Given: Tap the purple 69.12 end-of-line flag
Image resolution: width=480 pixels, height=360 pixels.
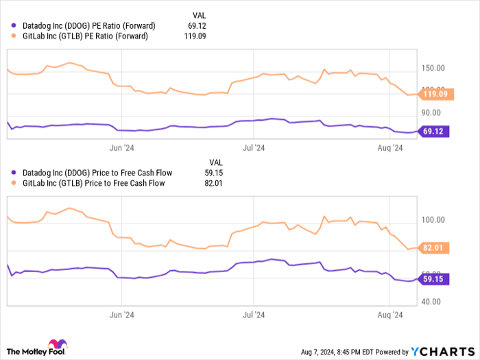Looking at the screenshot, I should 433,131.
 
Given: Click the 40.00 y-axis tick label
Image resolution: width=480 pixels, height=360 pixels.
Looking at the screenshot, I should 433,301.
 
